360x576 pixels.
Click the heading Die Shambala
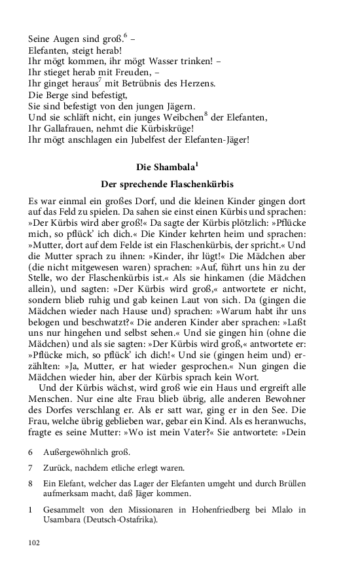point(167,167)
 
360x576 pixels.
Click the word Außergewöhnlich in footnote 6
point(77,452)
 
